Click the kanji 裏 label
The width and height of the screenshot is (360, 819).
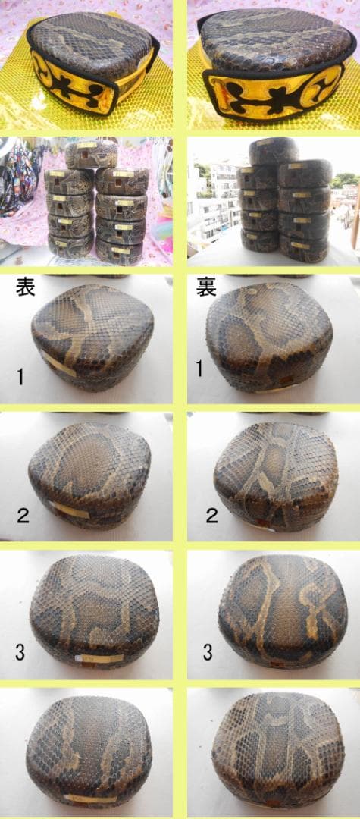click(206, 287)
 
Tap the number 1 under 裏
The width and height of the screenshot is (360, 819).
click(200, 369)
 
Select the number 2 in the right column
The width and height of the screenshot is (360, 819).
click(211, 516)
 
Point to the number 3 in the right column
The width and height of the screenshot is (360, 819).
click(208, 651)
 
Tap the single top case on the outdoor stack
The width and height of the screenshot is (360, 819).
click(273, 150)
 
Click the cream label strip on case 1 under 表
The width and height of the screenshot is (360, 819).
click(59, 363)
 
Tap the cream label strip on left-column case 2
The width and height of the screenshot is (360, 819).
click(70, 510)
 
